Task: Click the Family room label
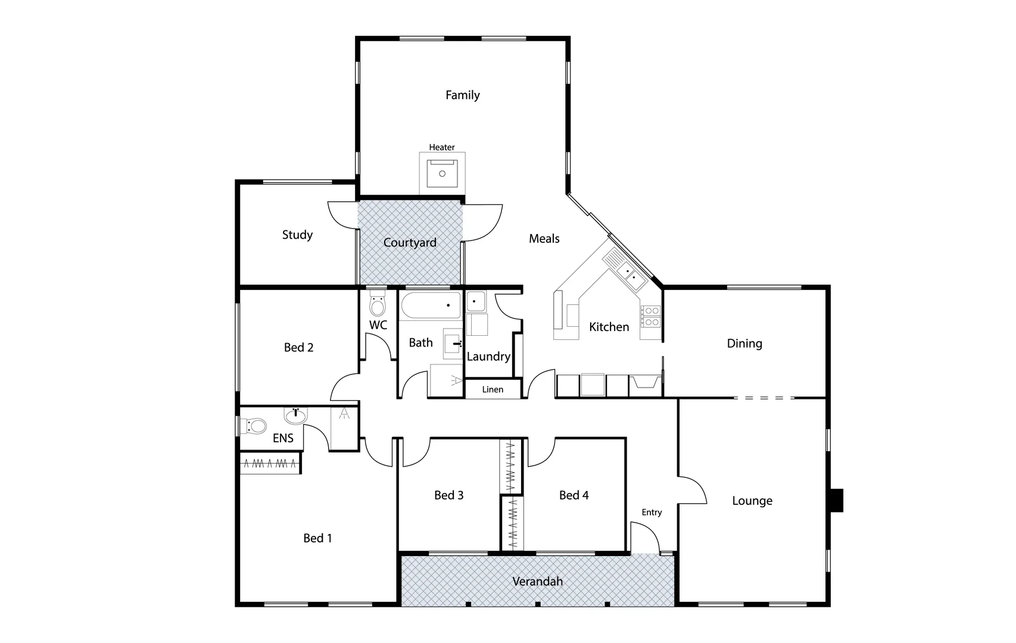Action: (462, 95)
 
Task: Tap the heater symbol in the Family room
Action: (442, 173)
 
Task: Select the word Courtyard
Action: (410, 242)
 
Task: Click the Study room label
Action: (297, 235)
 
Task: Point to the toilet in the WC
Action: (378, 305)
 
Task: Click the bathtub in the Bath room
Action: (430, 305)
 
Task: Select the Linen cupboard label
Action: (493, 389)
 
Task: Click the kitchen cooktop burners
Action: (651, 316)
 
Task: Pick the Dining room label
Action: (744, 344)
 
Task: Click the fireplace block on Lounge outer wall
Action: (837, 500)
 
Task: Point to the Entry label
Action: (652, 512)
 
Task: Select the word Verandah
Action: (537, 581)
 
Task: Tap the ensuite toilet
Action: (255, 426)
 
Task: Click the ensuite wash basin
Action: (295, 415)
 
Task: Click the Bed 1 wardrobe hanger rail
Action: (270, 463)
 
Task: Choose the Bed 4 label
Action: (574, 495)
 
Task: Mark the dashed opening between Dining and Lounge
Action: (764, 398)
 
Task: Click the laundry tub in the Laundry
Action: (475, 301)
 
